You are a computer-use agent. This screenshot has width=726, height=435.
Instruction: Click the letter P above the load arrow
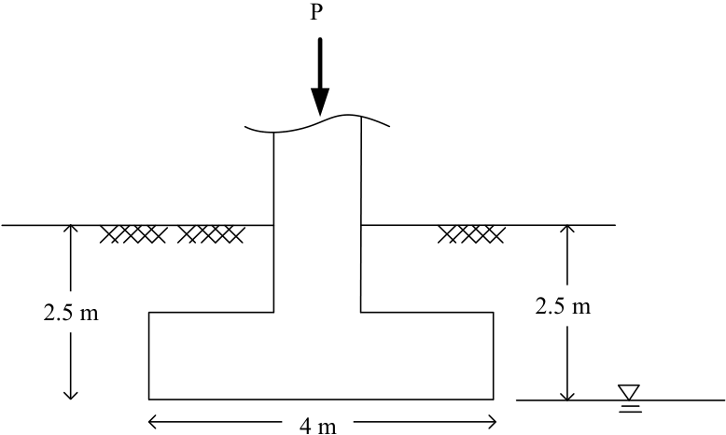pos(315,12)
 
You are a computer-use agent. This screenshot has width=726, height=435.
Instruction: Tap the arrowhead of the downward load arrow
pos(320,101)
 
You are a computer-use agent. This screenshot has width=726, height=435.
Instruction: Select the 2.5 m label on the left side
pos(71,313)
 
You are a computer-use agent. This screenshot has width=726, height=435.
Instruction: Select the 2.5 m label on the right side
pos(563,306)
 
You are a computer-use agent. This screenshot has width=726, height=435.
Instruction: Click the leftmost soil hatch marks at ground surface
pos(133,234)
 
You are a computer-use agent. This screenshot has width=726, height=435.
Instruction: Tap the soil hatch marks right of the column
pos(471,234)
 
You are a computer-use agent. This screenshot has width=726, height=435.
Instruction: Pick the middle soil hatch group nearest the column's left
pos(211,234)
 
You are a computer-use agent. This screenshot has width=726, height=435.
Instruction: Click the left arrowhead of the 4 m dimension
pos(152,422)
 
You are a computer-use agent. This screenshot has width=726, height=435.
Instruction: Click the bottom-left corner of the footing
pos(148,399)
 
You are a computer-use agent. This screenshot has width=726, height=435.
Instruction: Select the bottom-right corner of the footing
pos(493,399)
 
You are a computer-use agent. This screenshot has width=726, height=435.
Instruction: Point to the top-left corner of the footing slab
pos(148,312)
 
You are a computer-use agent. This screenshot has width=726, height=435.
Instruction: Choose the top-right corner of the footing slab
pos(493,312)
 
